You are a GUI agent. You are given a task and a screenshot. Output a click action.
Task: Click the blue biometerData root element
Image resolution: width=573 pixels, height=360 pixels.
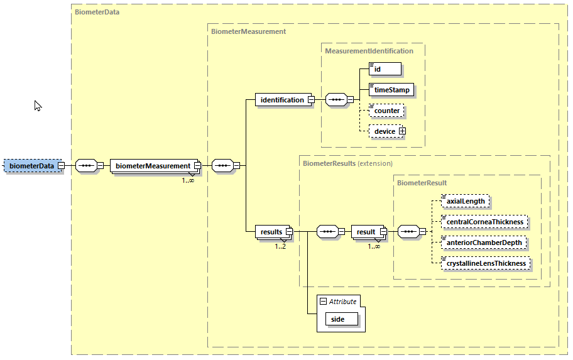(x=31, y=166)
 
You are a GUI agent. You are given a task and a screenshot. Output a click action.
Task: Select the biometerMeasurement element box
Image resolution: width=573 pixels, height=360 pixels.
(x=154, y=166)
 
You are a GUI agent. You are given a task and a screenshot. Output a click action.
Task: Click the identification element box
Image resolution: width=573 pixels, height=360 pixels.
(x=281, y=99)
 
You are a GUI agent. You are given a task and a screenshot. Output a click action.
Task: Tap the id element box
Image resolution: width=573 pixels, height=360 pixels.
(x=385, y=69)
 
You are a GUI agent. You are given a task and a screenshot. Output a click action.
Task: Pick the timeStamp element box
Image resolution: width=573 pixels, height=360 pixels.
(x=391, y=90)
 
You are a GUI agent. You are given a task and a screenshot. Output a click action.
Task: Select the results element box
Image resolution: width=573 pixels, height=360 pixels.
(x=271, y=232)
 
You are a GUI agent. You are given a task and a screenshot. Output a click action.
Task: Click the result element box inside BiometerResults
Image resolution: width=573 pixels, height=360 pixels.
(x=365, y=232)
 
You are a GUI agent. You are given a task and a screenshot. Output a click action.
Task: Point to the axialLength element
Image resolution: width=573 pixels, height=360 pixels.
(x=464, y=202)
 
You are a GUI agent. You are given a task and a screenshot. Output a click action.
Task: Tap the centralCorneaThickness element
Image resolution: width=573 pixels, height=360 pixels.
(x=483, y=222)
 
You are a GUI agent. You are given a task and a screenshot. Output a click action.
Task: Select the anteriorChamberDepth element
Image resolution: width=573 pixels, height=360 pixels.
(x=482, y=243)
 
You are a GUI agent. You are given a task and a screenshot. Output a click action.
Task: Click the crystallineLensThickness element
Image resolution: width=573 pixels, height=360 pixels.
(x=485, y=263)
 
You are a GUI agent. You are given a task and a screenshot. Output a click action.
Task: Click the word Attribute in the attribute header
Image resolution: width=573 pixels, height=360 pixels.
(x=342, y=302)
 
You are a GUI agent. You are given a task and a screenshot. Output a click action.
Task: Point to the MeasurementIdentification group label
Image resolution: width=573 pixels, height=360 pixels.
(x=369, y=51)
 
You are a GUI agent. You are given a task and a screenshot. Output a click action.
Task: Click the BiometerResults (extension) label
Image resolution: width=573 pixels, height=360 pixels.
(x=347, y=163)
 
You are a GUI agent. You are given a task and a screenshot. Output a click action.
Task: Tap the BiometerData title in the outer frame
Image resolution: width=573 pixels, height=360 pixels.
(x=97, y=11)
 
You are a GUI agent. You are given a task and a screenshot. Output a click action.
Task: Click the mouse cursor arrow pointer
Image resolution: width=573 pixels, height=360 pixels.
(x=37, y=106)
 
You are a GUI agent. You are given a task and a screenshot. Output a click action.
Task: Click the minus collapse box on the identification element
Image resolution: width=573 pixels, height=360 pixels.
(x=310, y=99)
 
